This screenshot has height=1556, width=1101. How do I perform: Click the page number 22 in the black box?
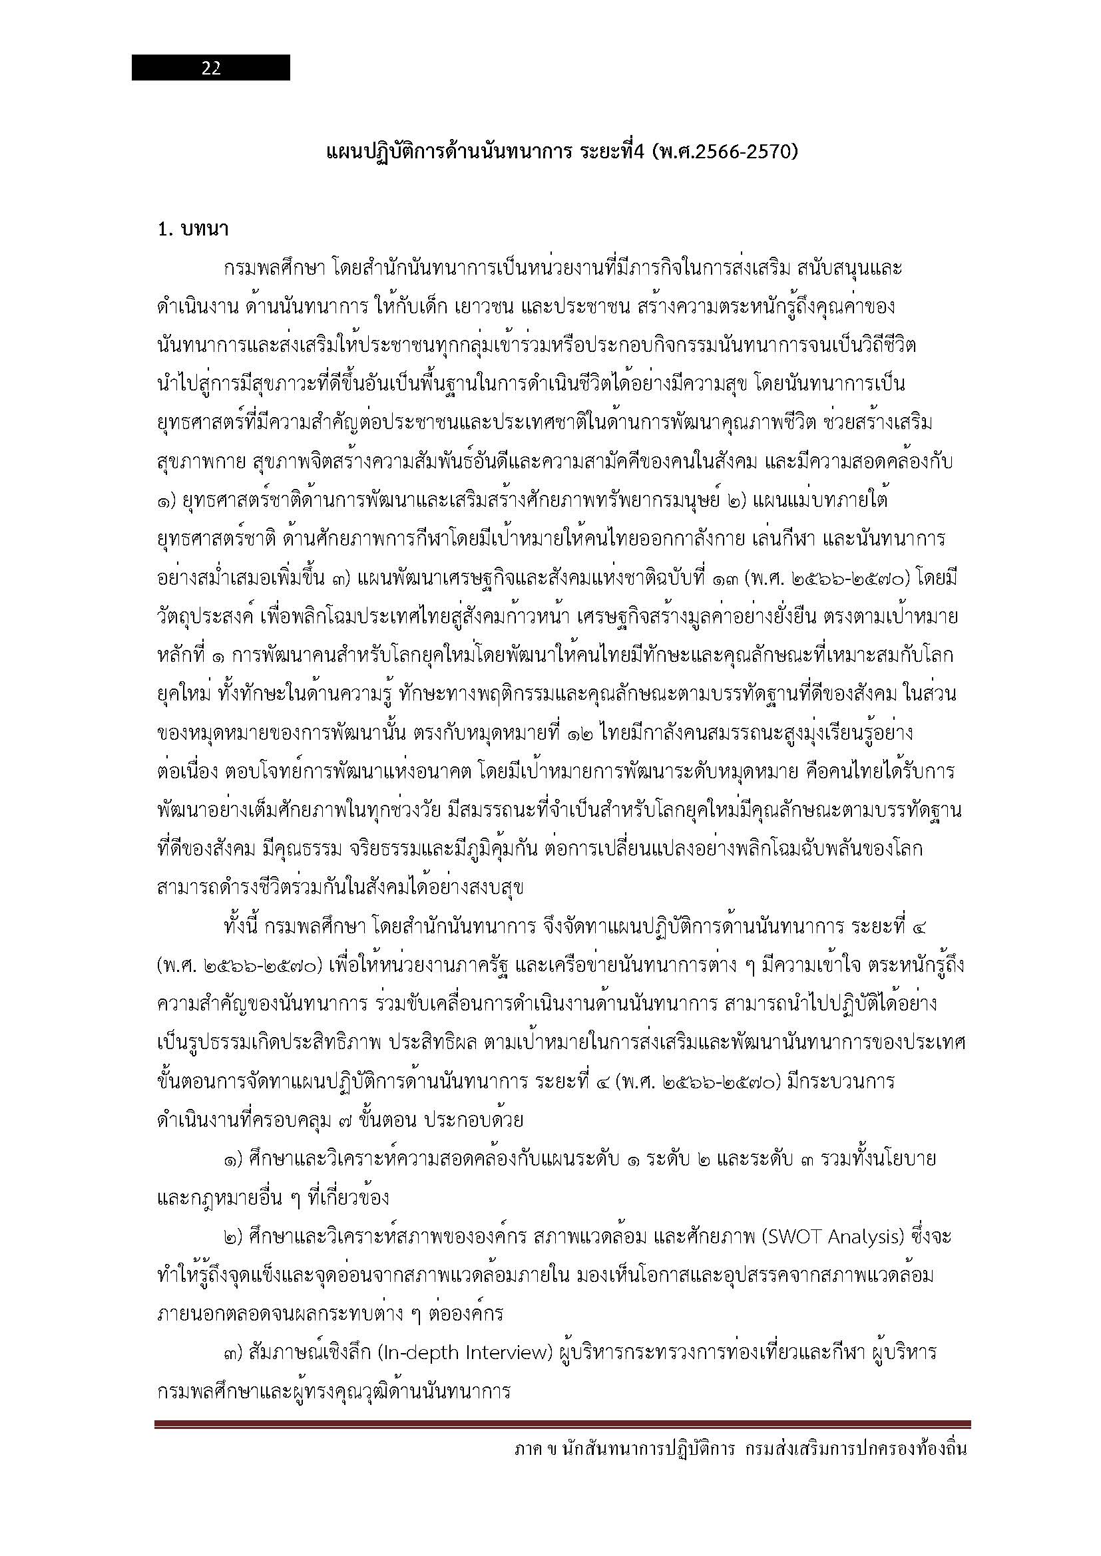211,68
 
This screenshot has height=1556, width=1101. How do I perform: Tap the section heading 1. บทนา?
192,230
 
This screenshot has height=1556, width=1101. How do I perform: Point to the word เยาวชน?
485,306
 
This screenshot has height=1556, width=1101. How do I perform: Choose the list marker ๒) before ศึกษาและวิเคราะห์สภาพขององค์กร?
234,1237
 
